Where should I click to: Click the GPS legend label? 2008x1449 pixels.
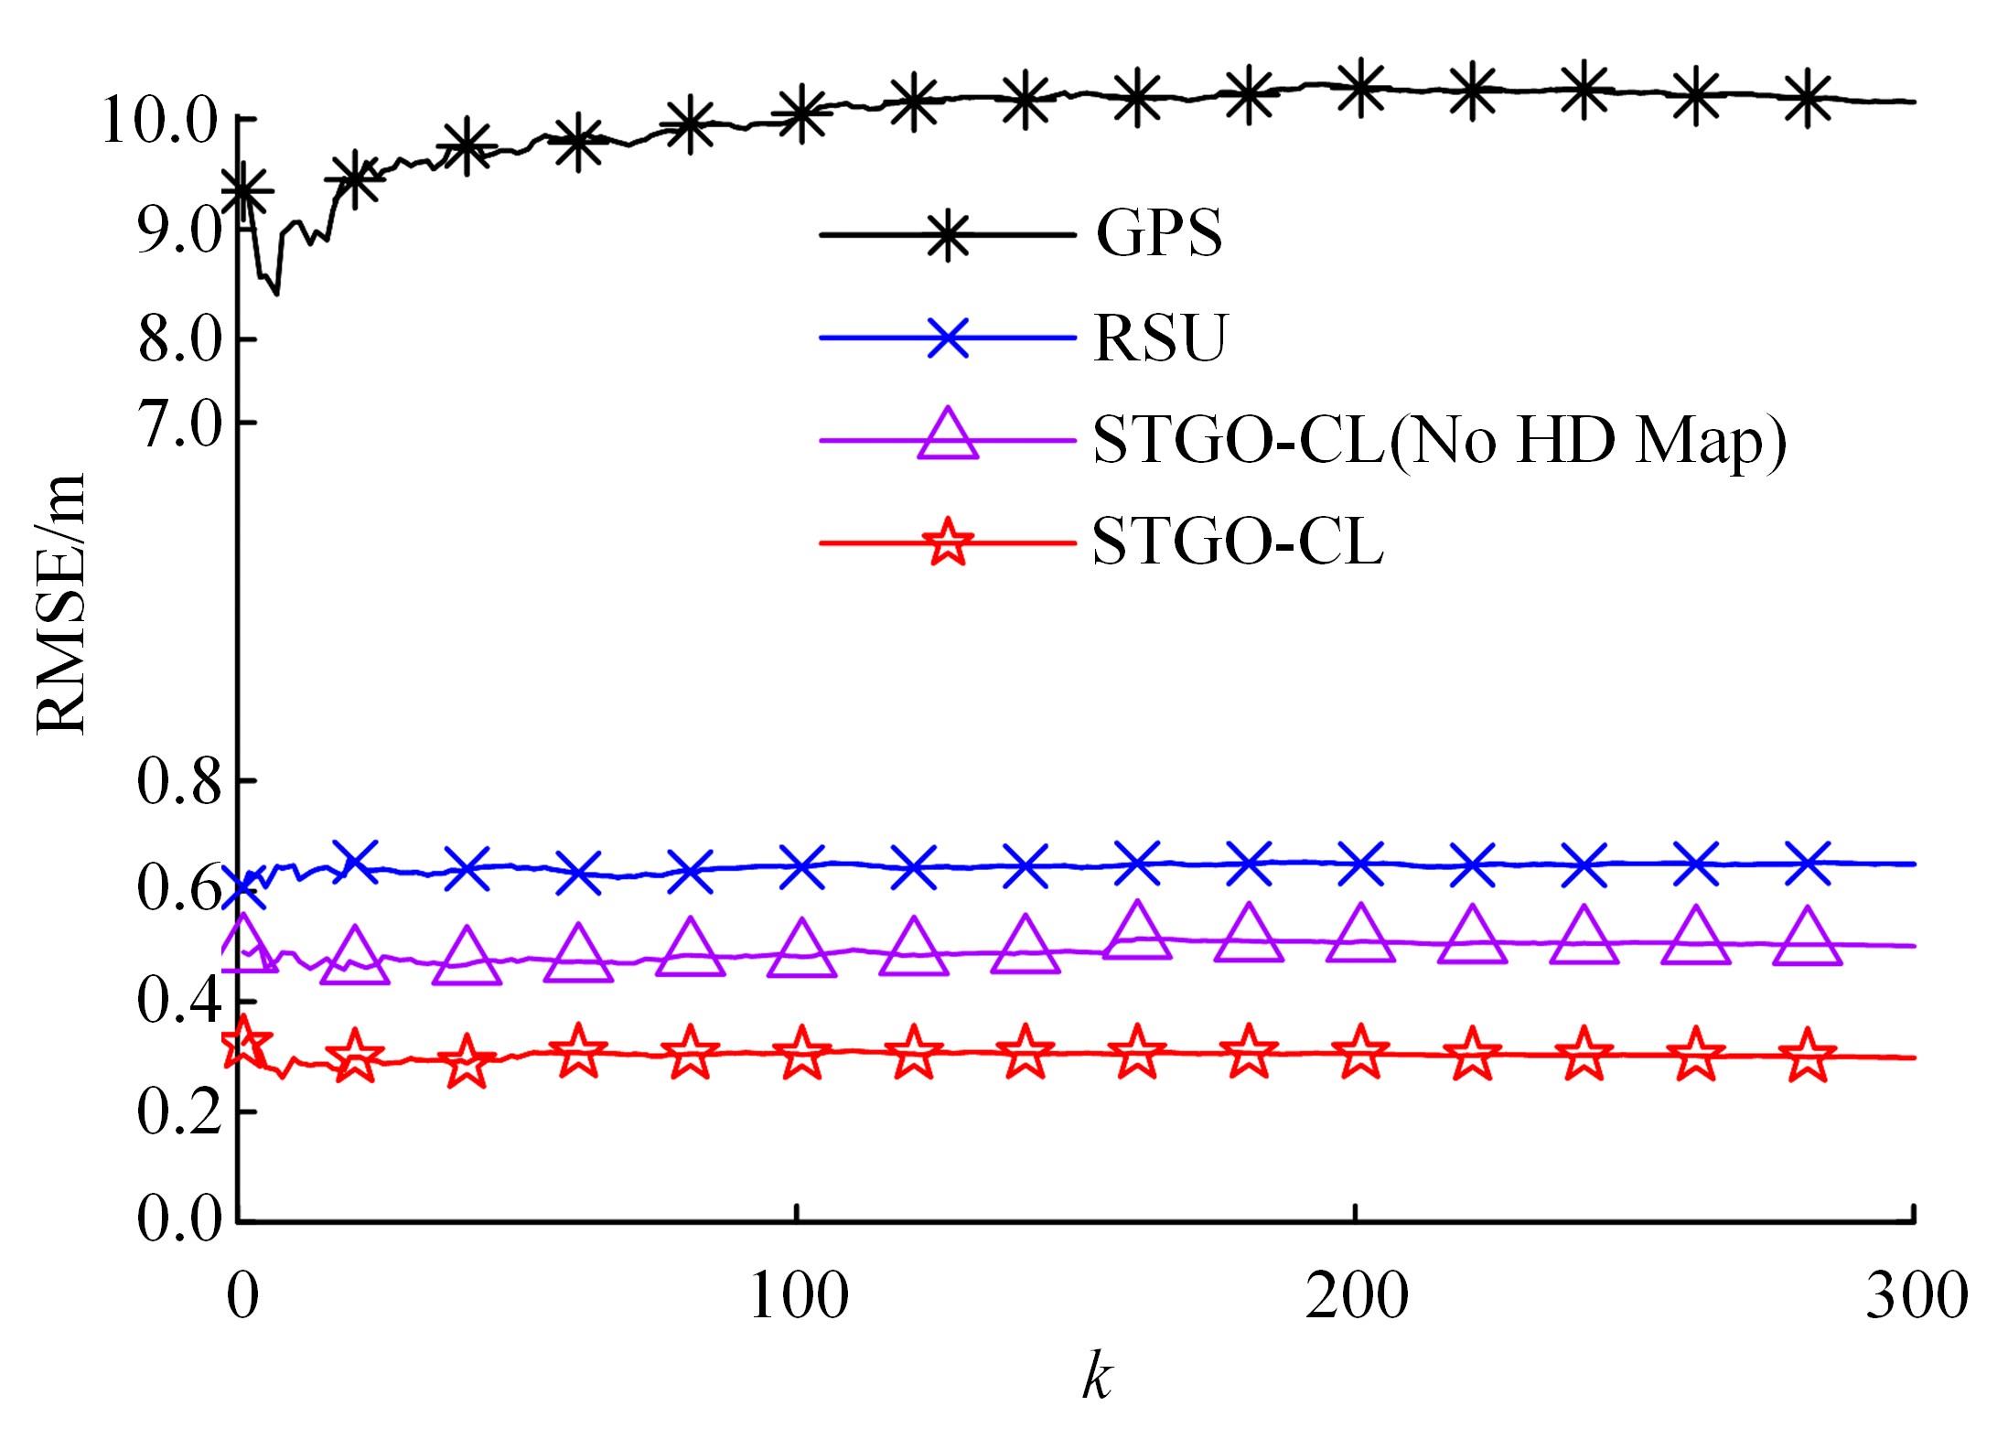pyautogui.click(x=1158, y=235)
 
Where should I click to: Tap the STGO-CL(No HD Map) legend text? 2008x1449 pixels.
pyautogui.click(x=1439, y=442)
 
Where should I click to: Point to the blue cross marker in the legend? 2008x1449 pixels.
pyautogui.click(x=949, y=338)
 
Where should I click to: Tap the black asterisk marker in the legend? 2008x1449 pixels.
pyautogui.click(x=949, y=235)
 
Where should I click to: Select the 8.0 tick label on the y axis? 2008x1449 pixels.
pyautogui.click(x=179, y=340)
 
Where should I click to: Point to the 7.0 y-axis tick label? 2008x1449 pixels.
pyautogui.click(x=179, y=424)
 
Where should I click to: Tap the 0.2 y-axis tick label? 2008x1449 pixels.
pyautogui.click(x=179, y=1113)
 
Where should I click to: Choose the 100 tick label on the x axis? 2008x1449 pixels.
pyautogui.click(x=799, y=1295)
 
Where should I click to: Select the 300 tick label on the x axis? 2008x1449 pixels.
pyautogui.click(x=1915, y=1295)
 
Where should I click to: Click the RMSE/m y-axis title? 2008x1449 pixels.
pyautogui.click(x=62, y=605)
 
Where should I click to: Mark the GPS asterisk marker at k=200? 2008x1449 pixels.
pyautogui.click(x=1360, y=87)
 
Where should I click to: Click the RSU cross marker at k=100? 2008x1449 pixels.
pyautogui.click(x=802, y=865)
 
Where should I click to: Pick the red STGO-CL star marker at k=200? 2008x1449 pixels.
pyautogui.click(x=1360, y=1053)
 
